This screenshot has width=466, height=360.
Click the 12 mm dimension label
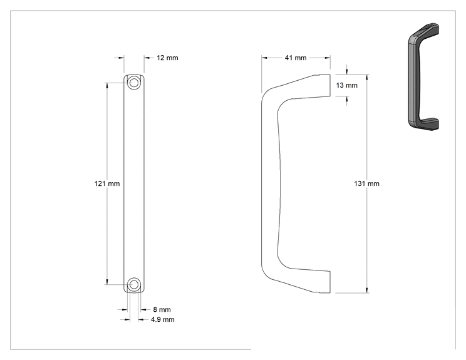[x=167, y=58]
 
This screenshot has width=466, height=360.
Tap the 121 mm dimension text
[x=107, y=183]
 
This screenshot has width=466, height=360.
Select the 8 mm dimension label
[x=162, y=309]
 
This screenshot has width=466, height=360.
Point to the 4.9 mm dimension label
[x=163, y=319]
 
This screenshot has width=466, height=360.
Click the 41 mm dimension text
[x=296, y=58]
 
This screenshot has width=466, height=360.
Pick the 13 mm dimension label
[x=347, y=85]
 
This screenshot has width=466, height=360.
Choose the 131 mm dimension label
[x=367, y=183]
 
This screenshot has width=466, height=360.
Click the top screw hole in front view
[x=134, y=83]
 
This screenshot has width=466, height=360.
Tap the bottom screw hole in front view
[x=134, y=285]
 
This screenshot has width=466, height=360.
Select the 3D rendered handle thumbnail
[x=423, y=76]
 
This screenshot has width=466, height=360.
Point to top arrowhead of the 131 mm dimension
[x=367, y=77]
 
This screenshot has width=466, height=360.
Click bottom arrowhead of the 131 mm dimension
[x=367, y=291]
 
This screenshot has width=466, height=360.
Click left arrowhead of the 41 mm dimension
[x=264, y=58]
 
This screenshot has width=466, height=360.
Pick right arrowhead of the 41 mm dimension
[x=328, y=58]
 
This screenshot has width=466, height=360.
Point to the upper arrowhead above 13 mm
[x=347, y=71]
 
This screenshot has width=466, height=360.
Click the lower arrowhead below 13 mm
[x=347, y=99]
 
